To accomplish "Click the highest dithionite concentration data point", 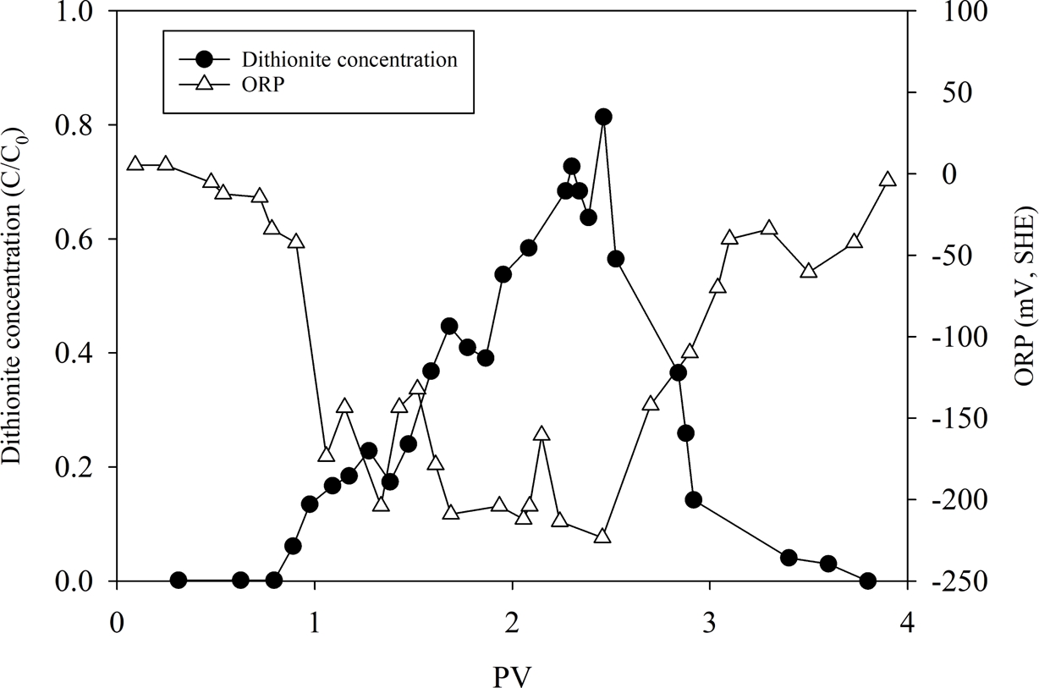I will coord(603,117).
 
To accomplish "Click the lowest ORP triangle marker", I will coord(602,537).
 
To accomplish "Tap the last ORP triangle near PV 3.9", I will coord(888,179).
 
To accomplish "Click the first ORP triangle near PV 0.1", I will coord(135,163).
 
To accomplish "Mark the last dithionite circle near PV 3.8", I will coord(867,581).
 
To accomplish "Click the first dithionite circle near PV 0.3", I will coord(179,581).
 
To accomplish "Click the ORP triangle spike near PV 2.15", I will coord(541,434).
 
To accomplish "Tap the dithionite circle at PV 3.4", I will coord(789,558).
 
